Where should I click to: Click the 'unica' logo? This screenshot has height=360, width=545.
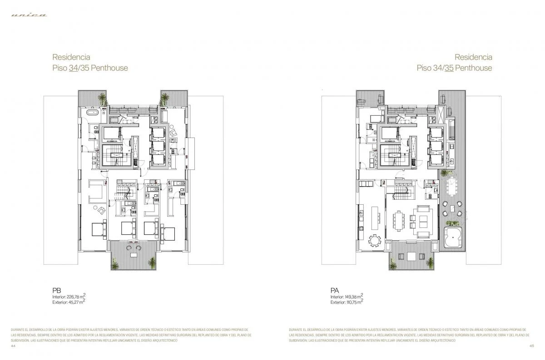29,15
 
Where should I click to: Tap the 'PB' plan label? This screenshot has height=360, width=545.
57,291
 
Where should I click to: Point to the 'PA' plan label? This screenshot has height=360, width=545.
335,291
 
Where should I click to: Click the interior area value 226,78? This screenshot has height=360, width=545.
75,297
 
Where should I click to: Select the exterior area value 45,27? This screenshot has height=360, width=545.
76,302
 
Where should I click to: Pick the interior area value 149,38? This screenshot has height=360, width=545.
353,297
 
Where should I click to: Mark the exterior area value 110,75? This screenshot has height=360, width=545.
353,302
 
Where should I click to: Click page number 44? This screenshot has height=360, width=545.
13,346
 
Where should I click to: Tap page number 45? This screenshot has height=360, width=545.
532,346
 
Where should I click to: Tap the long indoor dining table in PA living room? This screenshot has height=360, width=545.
401,221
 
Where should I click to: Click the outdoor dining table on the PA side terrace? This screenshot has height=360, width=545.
451,186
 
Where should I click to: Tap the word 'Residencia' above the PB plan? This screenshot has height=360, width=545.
71,57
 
